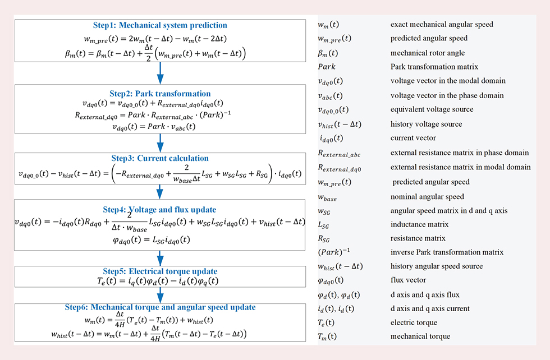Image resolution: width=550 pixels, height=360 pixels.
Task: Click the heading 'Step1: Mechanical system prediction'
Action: pyautogui.click(x=160, y=25)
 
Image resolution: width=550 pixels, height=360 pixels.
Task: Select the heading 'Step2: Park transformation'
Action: pyautogui.click(x=161, y=94)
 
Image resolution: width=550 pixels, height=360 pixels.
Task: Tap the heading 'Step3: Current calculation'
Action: pyautogui.click(x=161, y=158)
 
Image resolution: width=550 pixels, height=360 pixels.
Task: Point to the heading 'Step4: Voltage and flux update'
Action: pyautogui.click(x=160, y=209)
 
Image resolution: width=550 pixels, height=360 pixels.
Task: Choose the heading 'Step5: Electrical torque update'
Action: pyautogui.click(x=161, y=271)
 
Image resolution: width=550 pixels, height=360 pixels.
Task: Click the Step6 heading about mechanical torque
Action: pyautogui.click(x=161, y=307)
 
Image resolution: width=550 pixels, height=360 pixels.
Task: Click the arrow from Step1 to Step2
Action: pyautogui.click(x=161, y=72)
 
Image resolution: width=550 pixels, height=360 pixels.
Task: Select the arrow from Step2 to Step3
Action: pyautogui.click(x=161, y=143)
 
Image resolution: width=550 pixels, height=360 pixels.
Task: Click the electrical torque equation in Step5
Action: pyautogui.click(x=161, y=281)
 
